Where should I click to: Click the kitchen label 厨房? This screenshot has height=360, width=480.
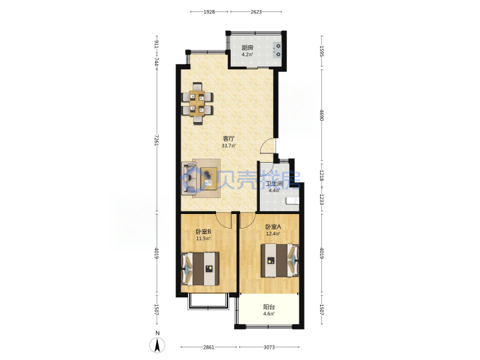[247, 48]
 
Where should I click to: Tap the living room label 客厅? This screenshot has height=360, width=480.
[229, 139]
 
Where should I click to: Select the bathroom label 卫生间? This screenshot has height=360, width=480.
[274, 184]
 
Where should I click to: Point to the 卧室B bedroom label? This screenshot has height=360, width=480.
[203, 232]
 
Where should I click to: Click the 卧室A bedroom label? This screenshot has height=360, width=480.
[273, 227]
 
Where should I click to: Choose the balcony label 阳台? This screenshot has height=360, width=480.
[269, 307]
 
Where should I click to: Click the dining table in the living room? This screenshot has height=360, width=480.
[197, 103]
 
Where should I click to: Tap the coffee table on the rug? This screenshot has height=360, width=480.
[209, 179]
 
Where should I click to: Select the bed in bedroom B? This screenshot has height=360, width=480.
[201, 269]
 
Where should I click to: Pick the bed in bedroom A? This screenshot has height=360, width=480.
[280, 261]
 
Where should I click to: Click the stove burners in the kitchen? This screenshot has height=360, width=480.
[277, 50]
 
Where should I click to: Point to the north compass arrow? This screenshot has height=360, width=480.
[157, 345]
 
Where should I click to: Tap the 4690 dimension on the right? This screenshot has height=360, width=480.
[321, 115]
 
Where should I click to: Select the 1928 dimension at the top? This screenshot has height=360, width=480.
[209, 12]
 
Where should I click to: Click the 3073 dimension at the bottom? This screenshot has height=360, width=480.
[269, 347]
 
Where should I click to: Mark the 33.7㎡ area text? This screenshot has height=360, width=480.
[229, 146]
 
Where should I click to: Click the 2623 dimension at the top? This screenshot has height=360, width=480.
[256, 12]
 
